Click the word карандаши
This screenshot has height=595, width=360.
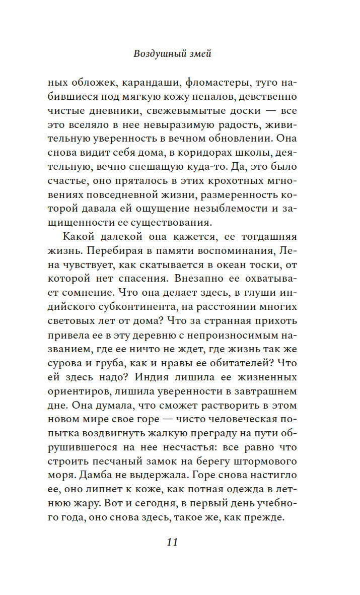pyautogui.click(x=143, y=81)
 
